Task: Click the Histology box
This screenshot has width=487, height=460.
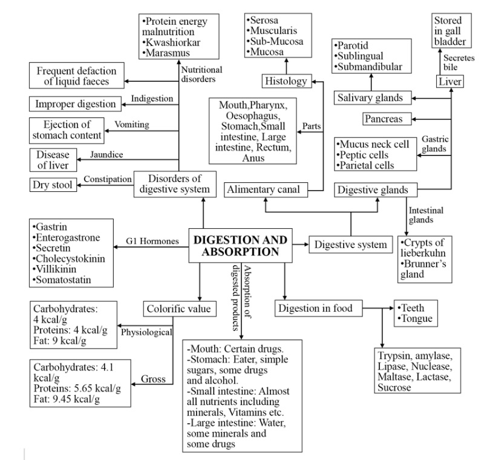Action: click(x=286, y=80)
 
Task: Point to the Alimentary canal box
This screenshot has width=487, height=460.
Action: click(x=265, y=190)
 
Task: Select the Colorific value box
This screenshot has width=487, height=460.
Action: click(x=179, y=309)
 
